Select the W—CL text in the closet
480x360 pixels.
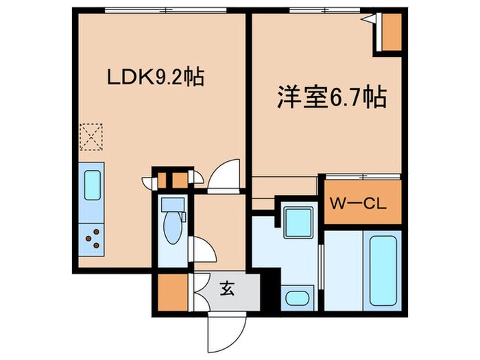361,204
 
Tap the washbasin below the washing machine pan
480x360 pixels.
296,298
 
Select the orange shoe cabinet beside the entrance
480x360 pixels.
171,291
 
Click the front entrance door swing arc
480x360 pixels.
224,334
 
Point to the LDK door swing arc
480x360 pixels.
224,175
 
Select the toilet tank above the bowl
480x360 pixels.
169,204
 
